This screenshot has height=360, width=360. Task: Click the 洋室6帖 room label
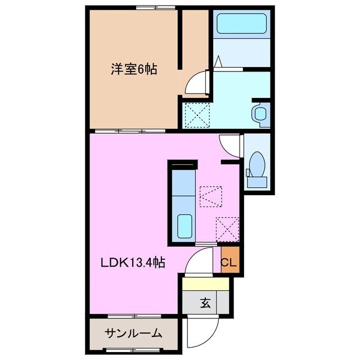click(x=133, y=70)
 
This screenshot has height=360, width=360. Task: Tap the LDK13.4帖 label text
click(x=133, y=263)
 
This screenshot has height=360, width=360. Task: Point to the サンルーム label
click(x=133, y=333)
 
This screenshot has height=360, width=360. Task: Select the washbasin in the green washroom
click(x=260, y=113)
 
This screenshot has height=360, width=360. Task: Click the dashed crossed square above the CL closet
click(x=227, y=229)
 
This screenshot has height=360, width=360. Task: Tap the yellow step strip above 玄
click(x=205, y=285)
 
